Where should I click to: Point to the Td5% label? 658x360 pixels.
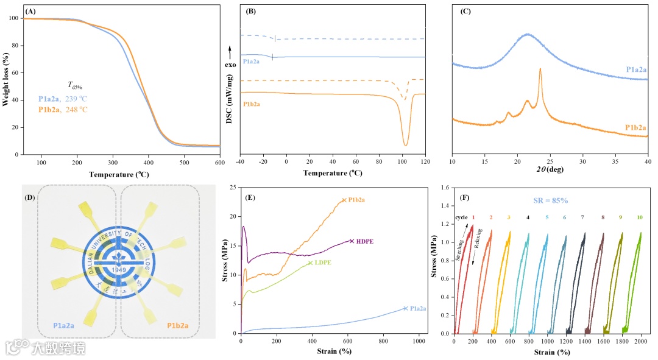pos(75,86)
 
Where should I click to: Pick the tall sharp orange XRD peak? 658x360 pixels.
pos(540,69)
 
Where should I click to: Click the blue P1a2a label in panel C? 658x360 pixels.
pos(637,69)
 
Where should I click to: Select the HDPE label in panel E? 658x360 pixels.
pos(364,241)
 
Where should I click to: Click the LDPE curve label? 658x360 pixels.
pos(324,263)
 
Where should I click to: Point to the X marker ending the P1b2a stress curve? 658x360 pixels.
pos(344,200)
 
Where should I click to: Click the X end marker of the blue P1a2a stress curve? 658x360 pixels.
pos(405,308)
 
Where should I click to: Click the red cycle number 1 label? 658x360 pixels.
pos(473,217)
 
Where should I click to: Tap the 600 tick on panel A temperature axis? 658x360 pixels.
pos(219,162)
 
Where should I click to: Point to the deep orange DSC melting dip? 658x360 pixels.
pos(405,144)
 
